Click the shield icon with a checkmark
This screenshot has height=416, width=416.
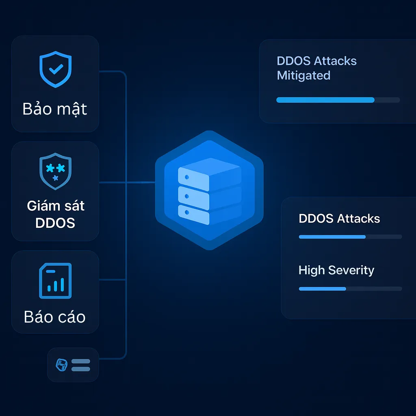[x=55, y=69]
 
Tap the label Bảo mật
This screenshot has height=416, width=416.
[x=55, y=109]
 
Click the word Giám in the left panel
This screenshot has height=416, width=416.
[x=40, y=206]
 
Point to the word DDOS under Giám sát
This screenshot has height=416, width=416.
[x=55, y=223]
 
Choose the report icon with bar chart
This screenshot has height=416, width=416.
[x=55, y=281]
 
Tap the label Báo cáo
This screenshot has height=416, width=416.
[x=55, y=317]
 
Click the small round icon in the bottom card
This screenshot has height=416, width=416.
[x=61, y=365]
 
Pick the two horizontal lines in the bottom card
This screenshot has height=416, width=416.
[x=80, y=365]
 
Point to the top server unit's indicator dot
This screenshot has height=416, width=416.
[x=186, y=178]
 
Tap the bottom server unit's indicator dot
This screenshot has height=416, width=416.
[x=186, y=212]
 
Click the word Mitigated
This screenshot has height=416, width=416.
[x=303, y=76]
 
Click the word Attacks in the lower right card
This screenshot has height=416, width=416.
[x=359, y=219]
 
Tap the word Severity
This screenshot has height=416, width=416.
[x=351, y=270]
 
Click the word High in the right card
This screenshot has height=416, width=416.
[x=312, y=270]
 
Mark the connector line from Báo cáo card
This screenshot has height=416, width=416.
[x=113, y=279]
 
